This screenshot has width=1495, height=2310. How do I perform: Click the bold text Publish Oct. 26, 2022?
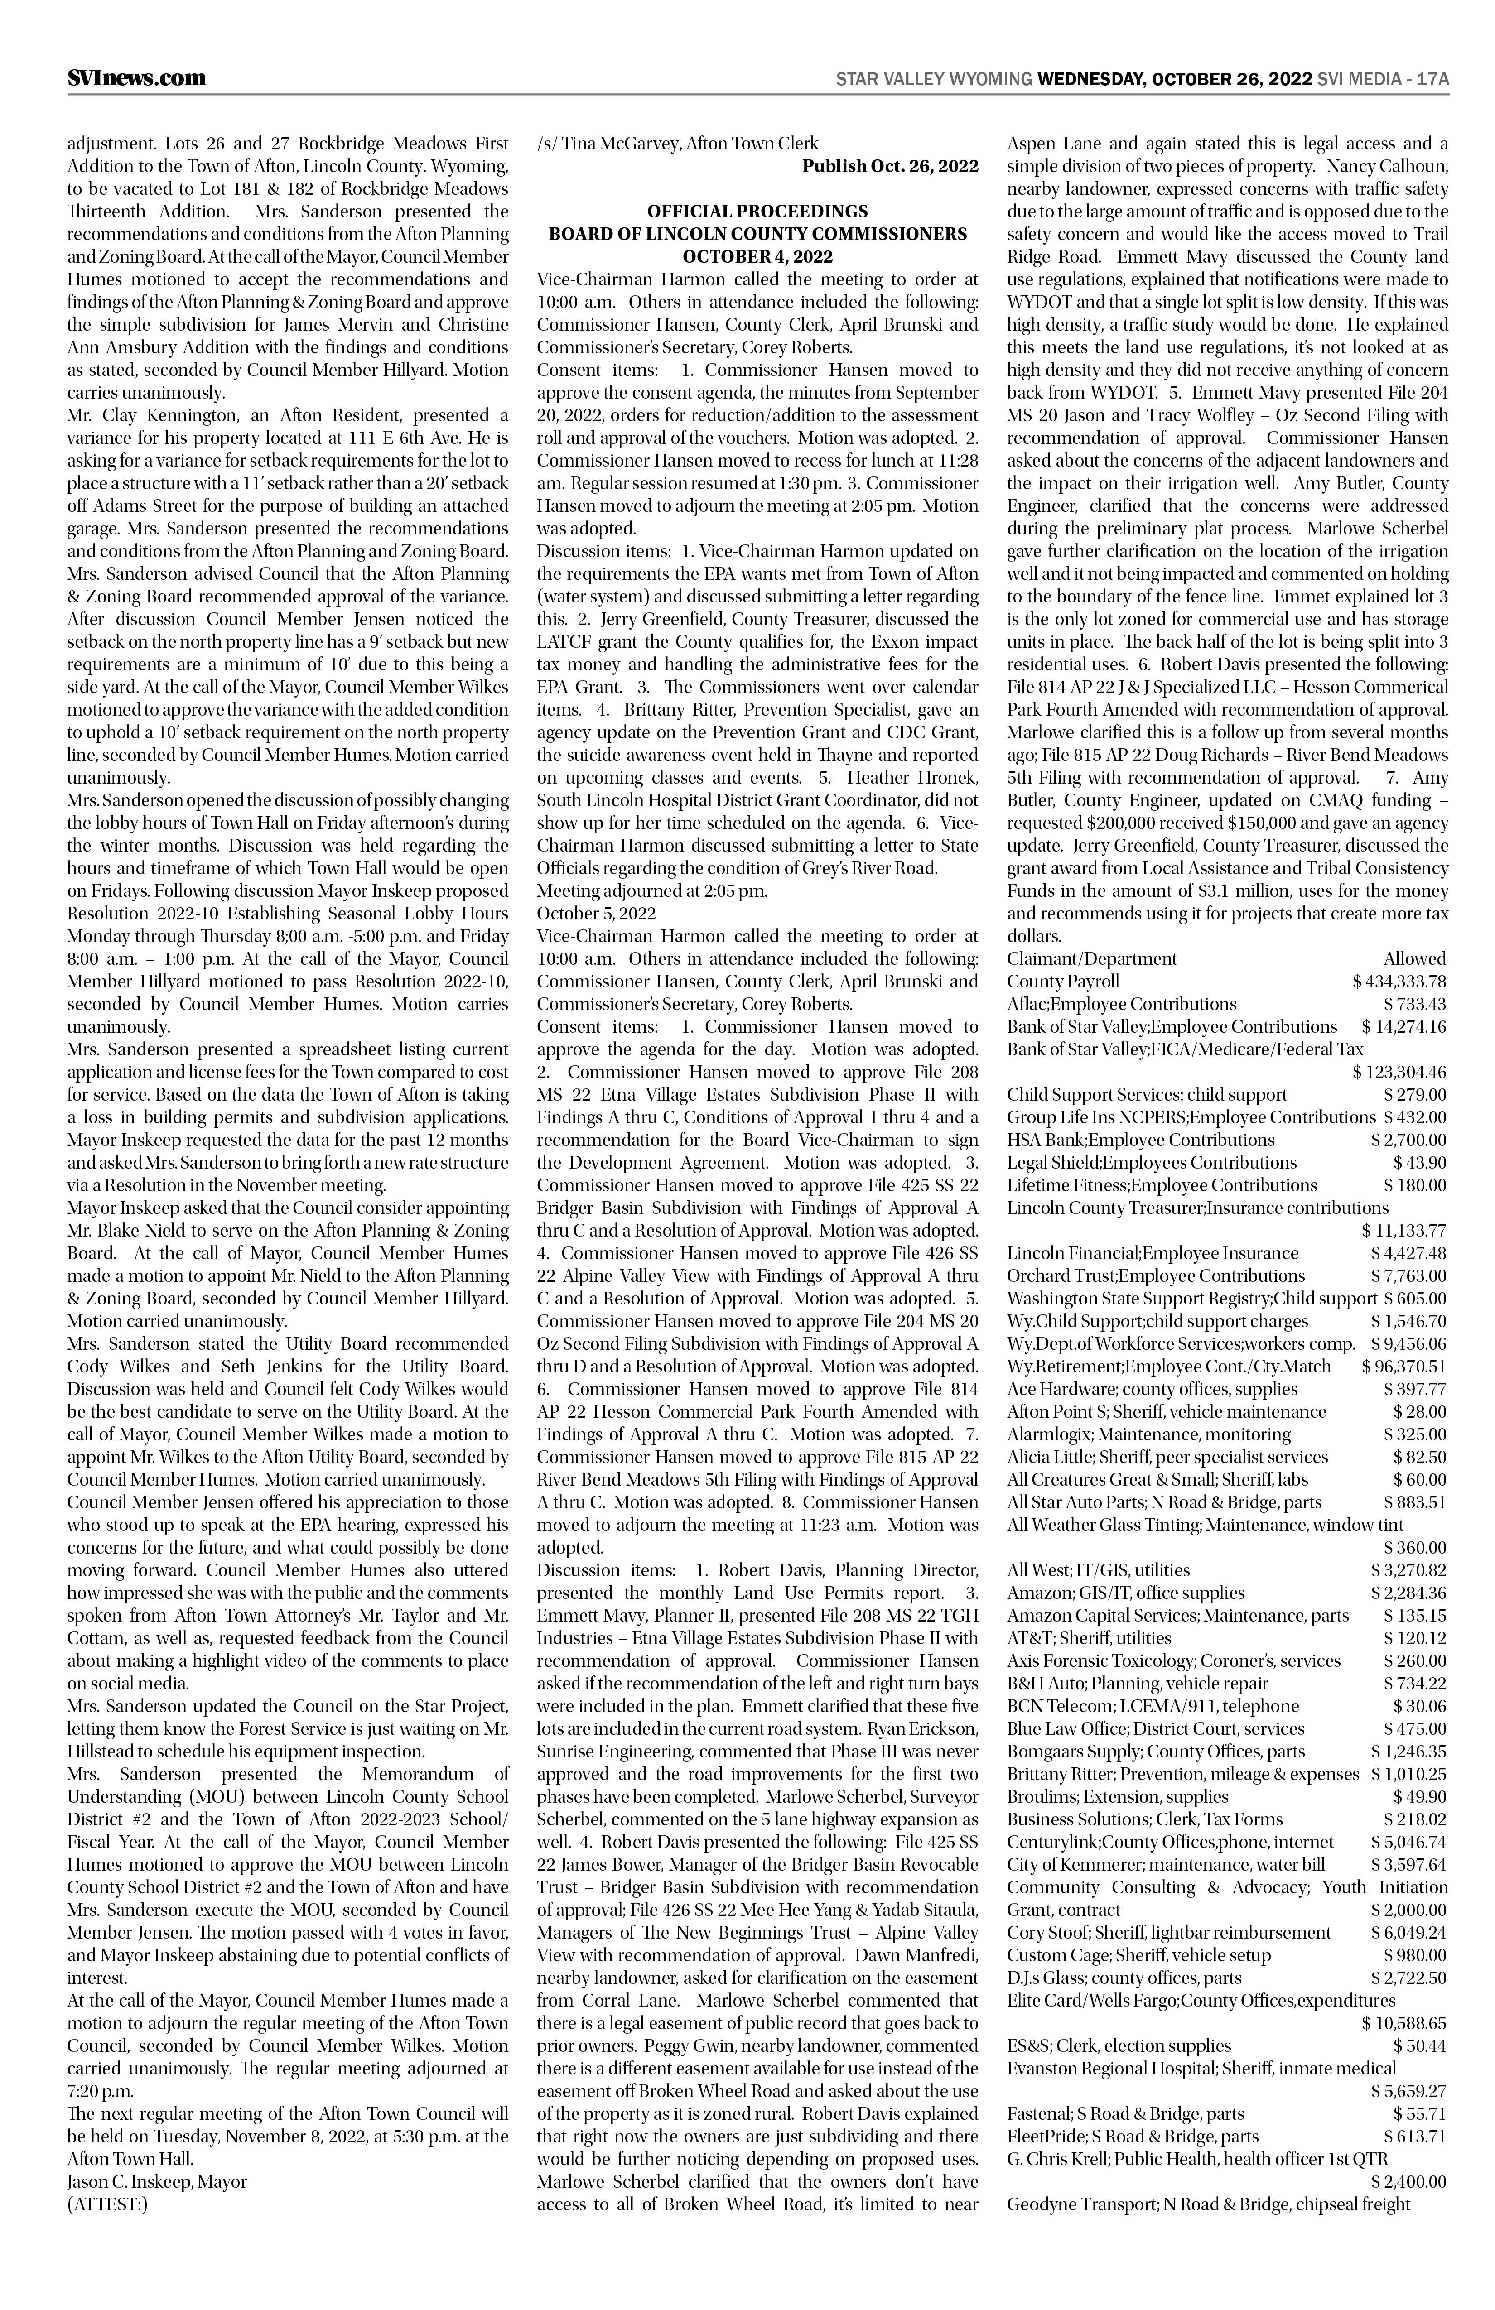pos(889,166)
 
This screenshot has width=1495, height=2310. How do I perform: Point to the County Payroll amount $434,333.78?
pos(1399,981)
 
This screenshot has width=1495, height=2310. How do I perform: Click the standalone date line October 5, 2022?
pos(596,913)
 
